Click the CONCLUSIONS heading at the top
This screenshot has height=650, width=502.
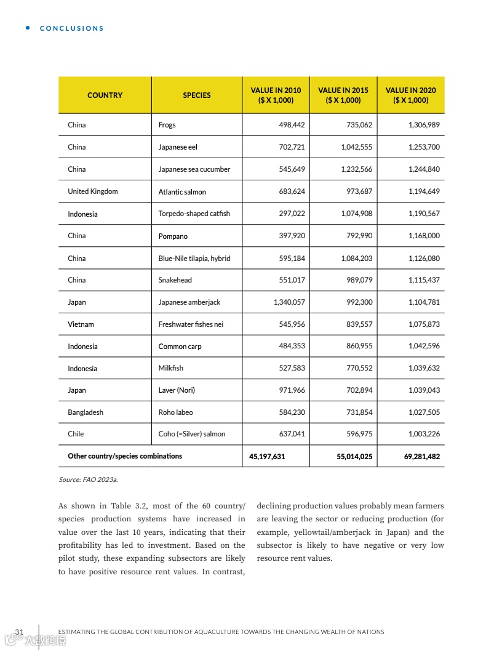[71, 28]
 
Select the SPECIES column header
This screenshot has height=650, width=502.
[197, 95]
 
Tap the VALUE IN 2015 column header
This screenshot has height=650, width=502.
[343, 95]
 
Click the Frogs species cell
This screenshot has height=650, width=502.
[167, 125]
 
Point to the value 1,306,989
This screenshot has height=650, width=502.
[424, 125]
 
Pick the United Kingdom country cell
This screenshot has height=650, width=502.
[93, 191]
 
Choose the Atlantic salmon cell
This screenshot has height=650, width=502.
[182, 192]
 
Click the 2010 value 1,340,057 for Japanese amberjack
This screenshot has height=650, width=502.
[289, 302]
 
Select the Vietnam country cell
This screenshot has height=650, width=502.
[81, 324]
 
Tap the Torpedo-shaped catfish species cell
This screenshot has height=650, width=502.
[194, 214]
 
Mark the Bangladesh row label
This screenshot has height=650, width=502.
[86, 412]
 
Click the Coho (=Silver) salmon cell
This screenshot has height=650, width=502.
[192, 434]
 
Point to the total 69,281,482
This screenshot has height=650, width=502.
[422, 457]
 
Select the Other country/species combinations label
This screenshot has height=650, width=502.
[125, 456]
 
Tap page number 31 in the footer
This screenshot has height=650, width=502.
[19, 632]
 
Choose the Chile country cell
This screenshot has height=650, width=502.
[76, 434]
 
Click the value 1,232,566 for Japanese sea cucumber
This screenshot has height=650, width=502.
[356, 169]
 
